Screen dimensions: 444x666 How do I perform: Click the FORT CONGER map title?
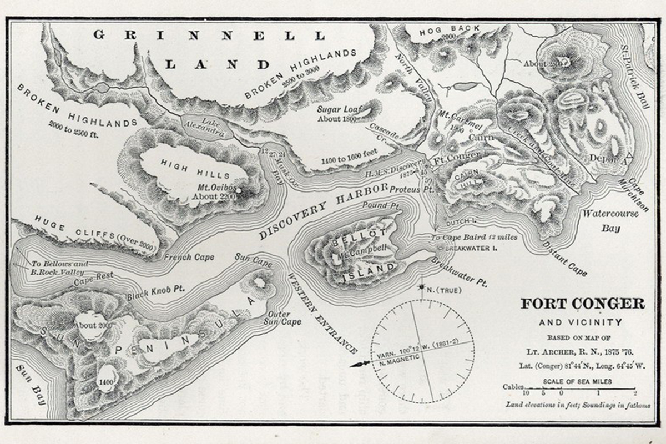[x=582, y=304]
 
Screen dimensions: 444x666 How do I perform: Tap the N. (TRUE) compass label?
[x=441, y=290]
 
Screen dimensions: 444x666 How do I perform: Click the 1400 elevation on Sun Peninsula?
[x=106, y=382]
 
